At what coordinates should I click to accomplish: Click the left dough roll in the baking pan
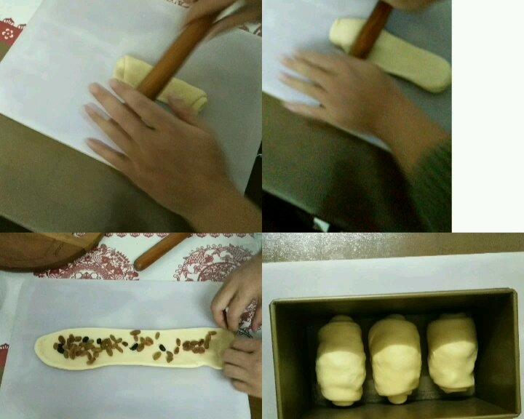(x=341, y=359)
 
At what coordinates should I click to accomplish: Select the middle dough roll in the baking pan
(x=394, y=358)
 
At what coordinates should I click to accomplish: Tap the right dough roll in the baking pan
(x=451, y=352)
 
